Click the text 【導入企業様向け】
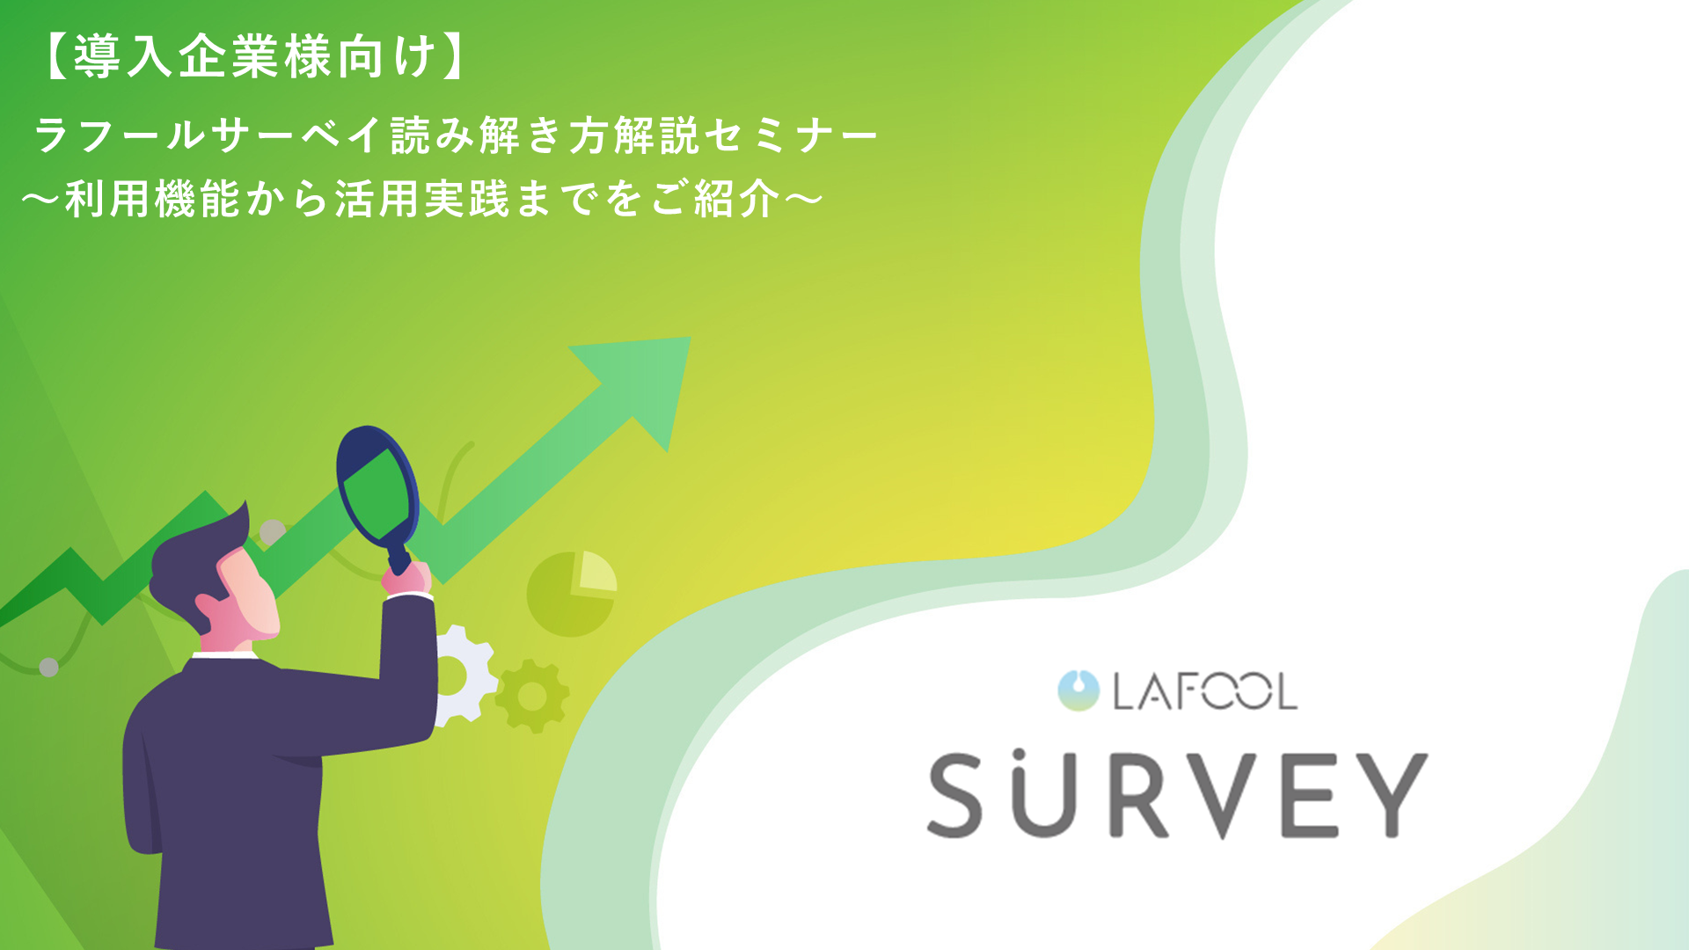[254, 56]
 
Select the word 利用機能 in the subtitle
[152, 198]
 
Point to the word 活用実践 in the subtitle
[421, 198]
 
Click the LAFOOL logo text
[1204, 691]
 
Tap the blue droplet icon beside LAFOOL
[1078, 691]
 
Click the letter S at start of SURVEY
[955, 795]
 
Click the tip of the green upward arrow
[691, 339]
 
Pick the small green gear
[532, 696]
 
